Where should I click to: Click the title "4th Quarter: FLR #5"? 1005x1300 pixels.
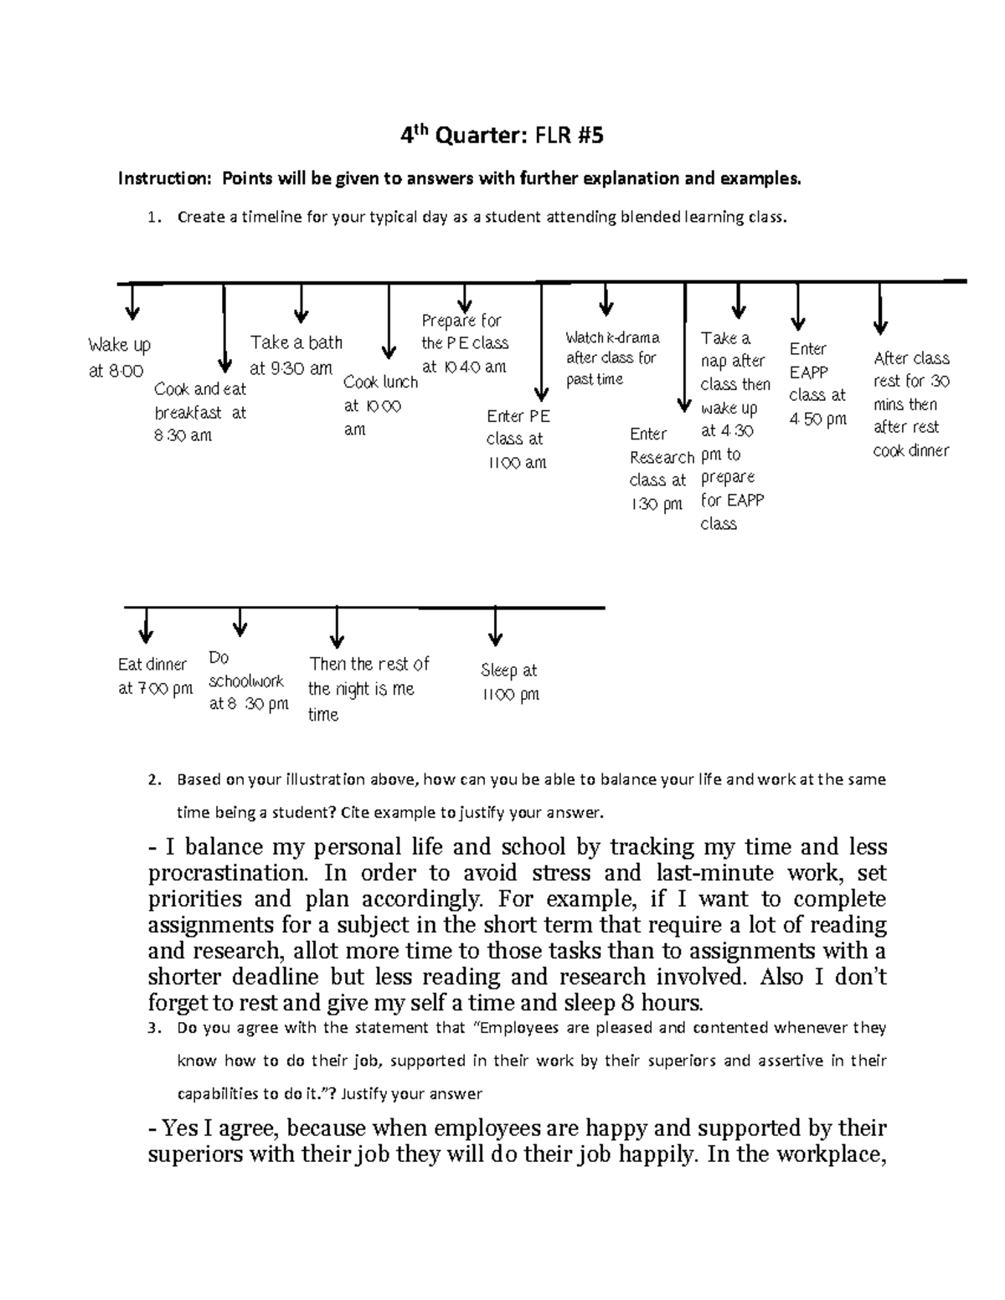click(x=501, y=136)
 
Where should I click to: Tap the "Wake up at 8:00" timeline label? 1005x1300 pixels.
click(x=118, y=357)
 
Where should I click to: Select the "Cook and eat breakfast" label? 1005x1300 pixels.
click(x=200, y=412)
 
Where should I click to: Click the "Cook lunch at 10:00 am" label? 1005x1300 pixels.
click(x=380, y=405)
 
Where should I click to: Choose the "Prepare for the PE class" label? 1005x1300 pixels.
click(x=464, y=343)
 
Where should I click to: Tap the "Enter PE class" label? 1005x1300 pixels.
click(x=517, y=439)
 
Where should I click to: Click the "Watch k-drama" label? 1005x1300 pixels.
click(x=612, y=358)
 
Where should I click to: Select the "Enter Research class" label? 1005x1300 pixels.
click(x=661, y=469)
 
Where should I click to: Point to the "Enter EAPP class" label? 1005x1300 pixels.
click(x=817, y=383)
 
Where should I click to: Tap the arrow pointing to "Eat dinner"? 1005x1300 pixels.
click(x=146, y=624)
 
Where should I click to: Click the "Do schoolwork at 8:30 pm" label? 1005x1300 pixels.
click(x=248, y=681)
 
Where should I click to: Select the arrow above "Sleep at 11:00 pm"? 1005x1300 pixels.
click(x=496, y=625)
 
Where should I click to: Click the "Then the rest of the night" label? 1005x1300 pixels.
click(x=368, y=689)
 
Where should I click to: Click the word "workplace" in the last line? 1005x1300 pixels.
click(x=828, y=1155)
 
